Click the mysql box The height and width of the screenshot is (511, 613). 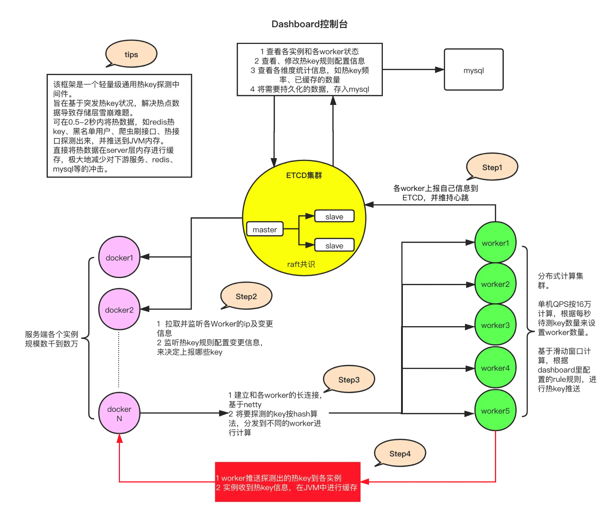[473, 70]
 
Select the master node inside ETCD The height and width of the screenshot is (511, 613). [265, 229]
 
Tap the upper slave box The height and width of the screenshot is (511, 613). [334, 216]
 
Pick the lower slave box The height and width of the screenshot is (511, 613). [334, 246]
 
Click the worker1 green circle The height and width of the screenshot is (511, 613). [495, 243]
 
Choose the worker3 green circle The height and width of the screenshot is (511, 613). [495, 325]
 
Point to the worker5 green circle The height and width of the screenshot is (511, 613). [495, 411]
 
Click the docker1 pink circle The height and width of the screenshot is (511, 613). [119, 257]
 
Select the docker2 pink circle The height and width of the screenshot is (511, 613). [119, 310]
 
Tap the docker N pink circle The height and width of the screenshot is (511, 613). [119, 413]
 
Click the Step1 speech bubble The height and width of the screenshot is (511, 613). [492, 167]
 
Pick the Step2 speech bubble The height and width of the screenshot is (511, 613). [246, 296]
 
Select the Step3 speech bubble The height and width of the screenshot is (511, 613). [349, 379]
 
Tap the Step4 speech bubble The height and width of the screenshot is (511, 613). [400, 453]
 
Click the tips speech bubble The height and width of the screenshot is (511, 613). [131, 54]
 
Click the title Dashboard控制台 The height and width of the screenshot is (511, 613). [309, 24]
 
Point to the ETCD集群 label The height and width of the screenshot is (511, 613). [304, 175]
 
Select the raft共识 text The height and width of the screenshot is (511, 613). [301, 264]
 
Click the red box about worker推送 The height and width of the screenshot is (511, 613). [288, 482]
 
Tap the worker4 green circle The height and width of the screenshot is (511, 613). [495, 368]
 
